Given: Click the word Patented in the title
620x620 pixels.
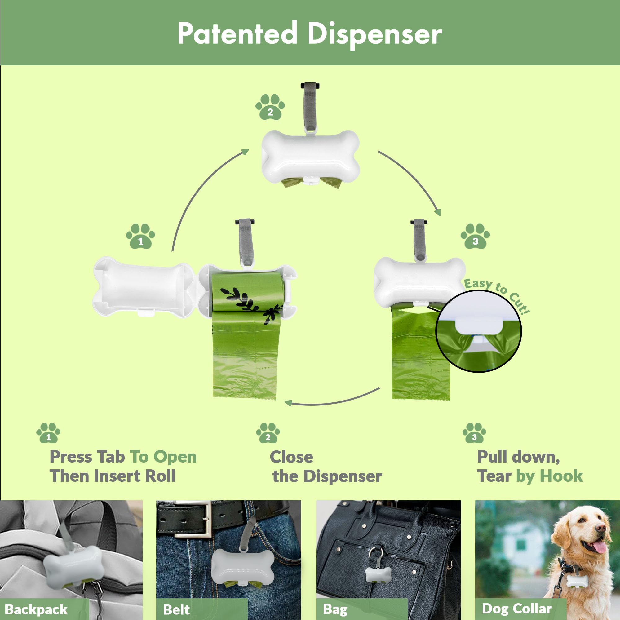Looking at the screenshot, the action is (x=237, y=33).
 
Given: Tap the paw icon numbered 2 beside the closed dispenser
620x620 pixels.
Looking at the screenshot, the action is (x=270, y=107).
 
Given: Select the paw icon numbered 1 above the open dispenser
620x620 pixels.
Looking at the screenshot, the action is (x=140, y=236).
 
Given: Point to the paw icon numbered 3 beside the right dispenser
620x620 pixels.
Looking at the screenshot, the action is (x=475, y=236).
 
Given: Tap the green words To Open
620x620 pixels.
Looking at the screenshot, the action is (x=163, y=457).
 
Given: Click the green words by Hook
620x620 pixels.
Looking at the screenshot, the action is (x=549, y=476).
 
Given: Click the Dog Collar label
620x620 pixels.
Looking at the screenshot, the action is (x=517, y=609).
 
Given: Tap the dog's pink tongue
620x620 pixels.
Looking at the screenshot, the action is (x=599, y=547).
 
